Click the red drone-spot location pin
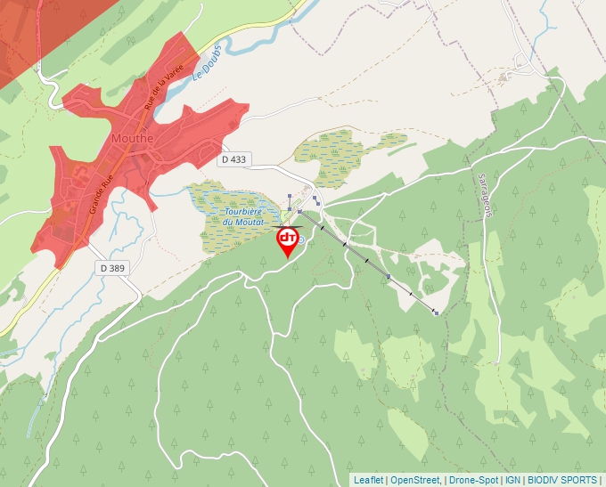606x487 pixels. tap(288, 242)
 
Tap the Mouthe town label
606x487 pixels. tap(133, 138)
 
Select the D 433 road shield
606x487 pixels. tap(233, 159)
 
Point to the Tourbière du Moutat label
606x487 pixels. tap(242, 216)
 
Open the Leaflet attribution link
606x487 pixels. tap(368, 480)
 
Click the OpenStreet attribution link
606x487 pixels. tap(414, 480)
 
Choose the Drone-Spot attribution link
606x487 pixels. tap(473, 480)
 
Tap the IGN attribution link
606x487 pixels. tap(512, 480)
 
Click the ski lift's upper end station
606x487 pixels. tap(436, 312)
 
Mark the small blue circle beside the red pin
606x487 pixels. tap(301, 239)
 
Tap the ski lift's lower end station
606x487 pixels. tap(300, 212)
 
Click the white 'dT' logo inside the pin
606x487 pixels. tap(288, 238)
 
